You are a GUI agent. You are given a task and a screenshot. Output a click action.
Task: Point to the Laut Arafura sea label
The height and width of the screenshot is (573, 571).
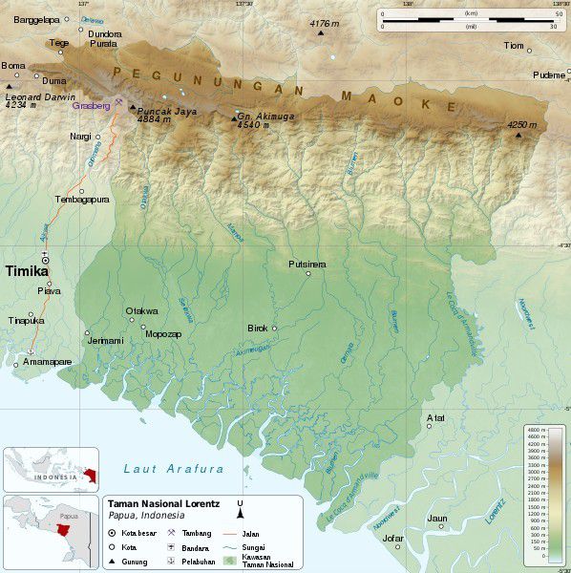(x=174, y=469)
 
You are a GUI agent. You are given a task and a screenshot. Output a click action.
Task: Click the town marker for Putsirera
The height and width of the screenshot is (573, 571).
(x=308, y=274)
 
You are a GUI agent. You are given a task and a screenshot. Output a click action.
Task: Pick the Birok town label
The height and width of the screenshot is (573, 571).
(x=258, y=328)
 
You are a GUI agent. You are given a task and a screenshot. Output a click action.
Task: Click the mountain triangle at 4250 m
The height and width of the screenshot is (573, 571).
(x=518, y=136)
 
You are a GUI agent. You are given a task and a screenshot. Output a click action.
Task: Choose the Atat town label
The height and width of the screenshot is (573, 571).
(x=435, y=417)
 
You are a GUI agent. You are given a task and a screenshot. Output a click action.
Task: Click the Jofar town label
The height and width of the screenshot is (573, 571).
(x=392, y=538)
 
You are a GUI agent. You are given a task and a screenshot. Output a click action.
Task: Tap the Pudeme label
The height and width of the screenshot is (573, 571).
(x=549, y=74)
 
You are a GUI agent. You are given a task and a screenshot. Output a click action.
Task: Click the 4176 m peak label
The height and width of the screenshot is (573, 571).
(x=326, y=23)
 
